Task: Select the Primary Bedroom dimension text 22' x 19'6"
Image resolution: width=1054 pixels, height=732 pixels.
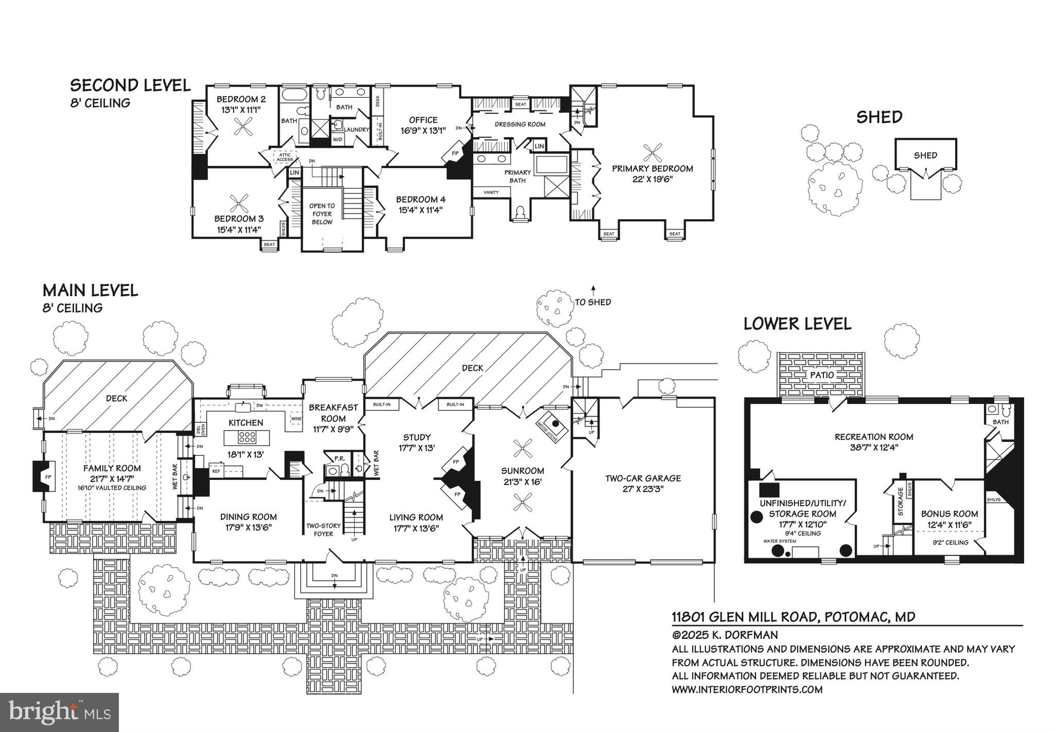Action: click(x=652, y=179)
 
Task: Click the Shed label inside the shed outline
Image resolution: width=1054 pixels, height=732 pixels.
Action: click(x=925, y=155)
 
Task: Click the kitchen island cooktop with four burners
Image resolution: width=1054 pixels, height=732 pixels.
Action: click(x=246, y=438)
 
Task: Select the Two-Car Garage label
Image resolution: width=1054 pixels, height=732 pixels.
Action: click(x=643, y=478)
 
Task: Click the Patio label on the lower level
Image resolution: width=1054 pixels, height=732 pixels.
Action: click(x=821, y=375)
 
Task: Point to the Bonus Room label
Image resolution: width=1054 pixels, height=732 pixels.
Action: click(x=950, y=513)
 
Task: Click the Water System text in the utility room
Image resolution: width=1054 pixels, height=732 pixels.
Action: click(x=780, y=541)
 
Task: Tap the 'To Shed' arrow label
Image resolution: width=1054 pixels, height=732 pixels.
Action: click(x=593, y=302)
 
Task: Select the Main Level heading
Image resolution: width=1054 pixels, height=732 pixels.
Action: click(x=90, y=290)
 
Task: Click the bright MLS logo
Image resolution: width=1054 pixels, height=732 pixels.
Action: click(x=60, y=712)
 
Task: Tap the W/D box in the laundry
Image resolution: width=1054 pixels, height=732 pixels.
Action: click(x=338, y=139)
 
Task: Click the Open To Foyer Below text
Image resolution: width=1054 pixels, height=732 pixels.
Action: click(x=322, y=213)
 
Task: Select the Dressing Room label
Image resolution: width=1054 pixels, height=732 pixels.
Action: click(x=520, y=124)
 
